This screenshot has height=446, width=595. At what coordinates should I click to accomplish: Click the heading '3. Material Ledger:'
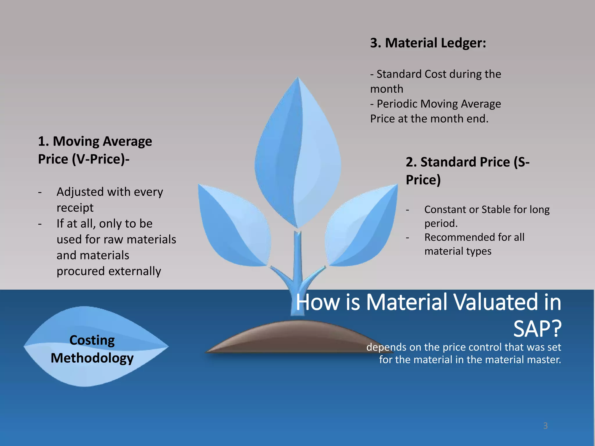click(428, 43)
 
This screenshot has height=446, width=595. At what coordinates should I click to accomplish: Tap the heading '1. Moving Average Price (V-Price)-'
click(95, 150)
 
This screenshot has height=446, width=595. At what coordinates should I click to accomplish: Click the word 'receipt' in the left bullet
click(75, 208)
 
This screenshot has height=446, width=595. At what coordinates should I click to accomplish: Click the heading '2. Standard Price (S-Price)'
click(467, 170)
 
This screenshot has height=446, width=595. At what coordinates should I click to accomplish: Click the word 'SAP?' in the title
click(537, 329)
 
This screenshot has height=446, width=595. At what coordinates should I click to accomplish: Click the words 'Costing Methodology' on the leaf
click(92, 349)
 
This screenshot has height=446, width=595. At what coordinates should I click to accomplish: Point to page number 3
click(545, 426)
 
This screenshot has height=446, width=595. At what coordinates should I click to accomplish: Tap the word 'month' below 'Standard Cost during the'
click(386, 89)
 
